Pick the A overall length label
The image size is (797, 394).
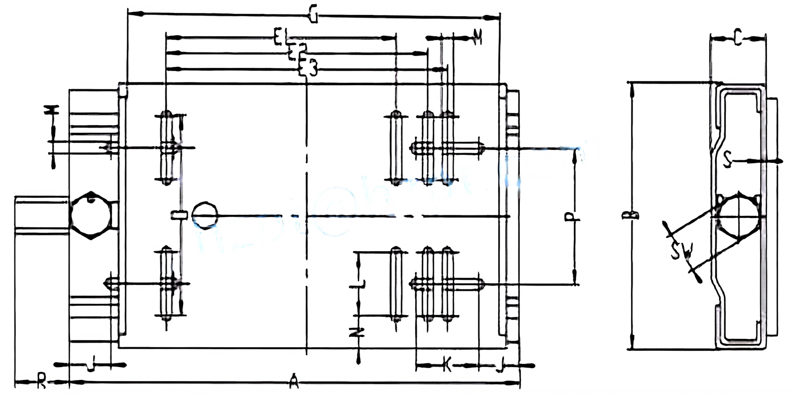tap(293, 383)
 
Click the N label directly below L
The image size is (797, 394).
tap(357, 332)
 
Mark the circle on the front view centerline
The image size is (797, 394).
tap(205, 215)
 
